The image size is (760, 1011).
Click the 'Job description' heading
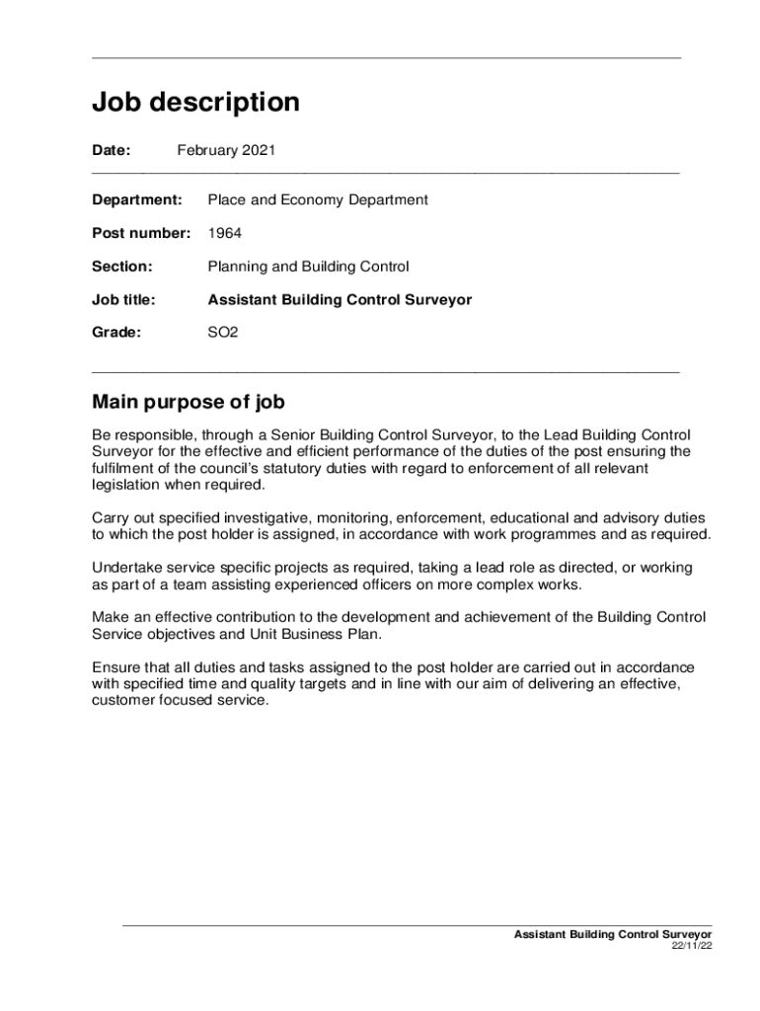click(x=195, y=103)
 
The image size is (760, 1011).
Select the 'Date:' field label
click(x=111, y=151)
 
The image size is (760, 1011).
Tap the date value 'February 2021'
click(x=226, y=151)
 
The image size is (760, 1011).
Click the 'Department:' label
click(x=137, y=200)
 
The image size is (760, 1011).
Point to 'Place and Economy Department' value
click(x=317, y=200)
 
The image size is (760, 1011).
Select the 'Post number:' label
click(x=141, y=234)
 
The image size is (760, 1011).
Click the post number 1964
click(x=224, y=234)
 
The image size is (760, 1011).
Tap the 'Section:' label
click(x=122, y=267)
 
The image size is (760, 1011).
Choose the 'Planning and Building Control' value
click(x=308, y=267)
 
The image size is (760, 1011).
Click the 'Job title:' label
click(x=124, y=300)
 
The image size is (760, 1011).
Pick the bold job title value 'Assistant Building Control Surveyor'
click(x=340, y=300)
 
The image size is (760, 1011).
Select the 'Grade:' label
click(x=116, y=333)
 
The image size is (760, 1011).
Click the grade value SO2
click(x=222, y=333)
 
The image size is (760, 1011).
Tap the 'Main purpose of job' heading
click(x=189, y=402)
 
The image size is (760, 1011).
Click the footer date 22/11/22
click(x=692, y=945)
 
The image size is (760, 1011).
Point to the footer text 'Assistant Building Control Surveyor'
click(x=613, y=933)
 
